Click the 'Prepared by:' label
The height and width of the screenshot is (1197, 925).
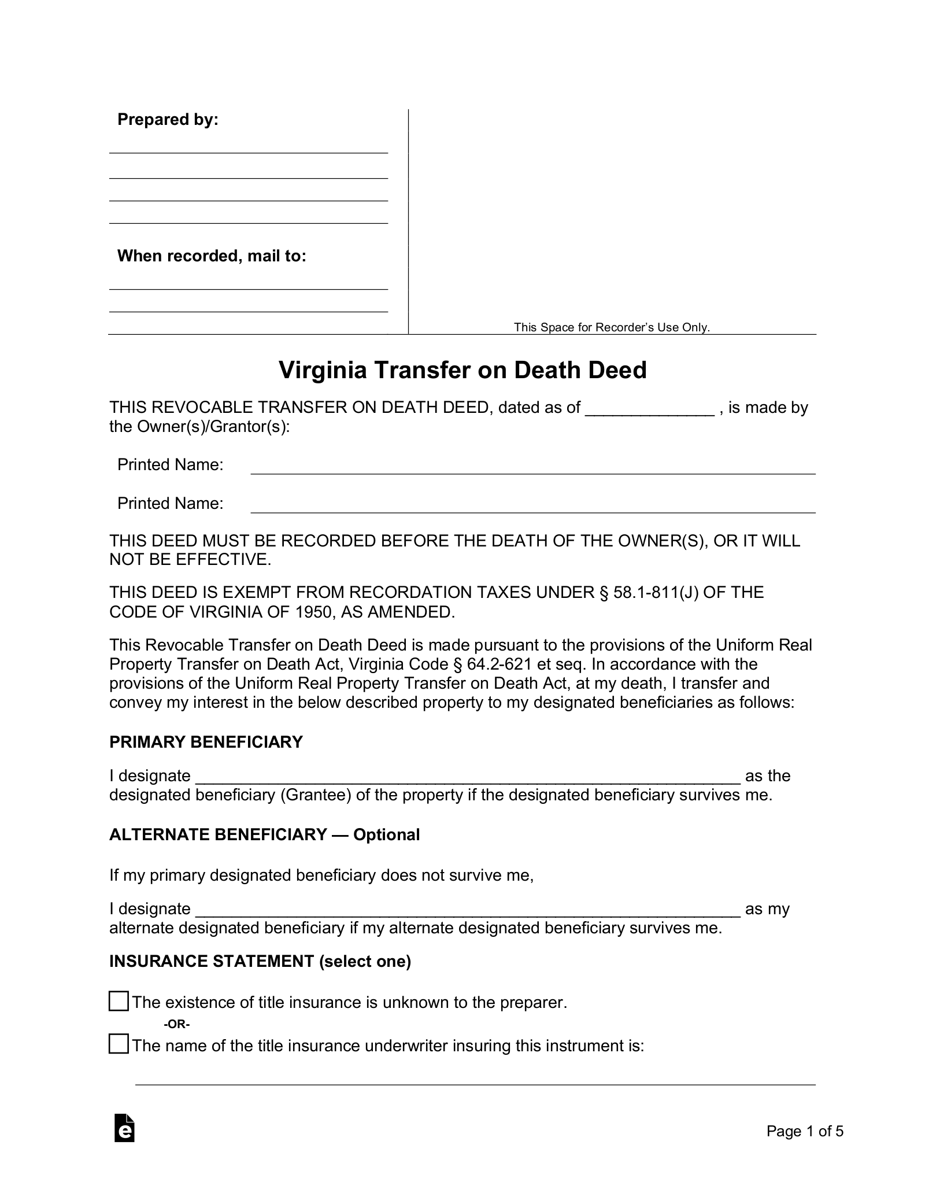[168, 120]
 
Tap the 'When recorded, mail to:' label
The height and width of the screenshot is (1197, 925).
[212, 256]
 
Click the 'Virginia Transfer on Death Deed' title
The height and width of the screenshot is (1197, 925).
[462, 370]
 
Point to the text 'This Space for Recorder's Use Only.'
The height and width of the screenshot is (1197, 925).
[612, 327]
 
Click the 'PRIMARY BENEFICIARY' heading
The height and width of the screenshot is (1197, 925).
[206, 742]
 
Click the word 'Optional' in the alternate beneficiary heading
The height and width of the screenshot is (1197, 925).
[386, 835]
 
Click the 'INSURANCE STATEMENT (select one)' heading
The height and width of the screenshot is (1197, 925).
[260, 962]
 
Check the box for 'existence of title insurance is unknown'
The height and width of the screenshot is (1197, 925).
[119, 1002]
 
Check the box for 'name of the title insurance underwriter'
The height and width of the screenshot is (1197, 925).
[119, 1044]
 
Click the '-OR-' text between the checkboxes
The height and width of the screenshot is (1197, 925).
[177, 1024]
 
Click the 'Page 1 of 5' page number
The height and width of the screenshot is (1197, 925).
[805, 1131]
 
